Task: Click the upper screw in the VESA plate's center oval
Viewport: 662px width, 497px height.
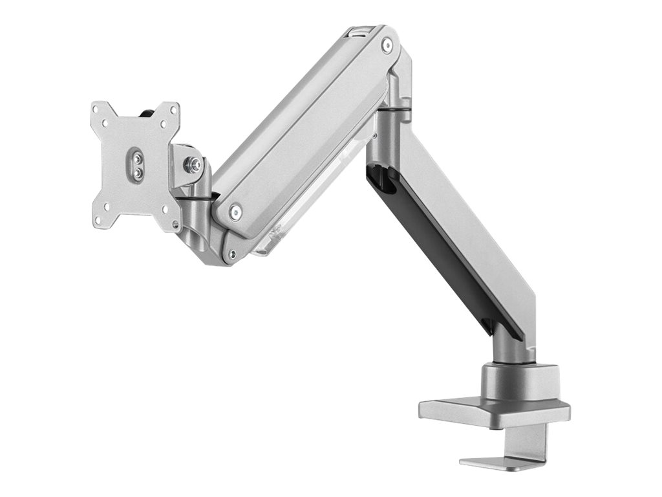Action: [136, 156]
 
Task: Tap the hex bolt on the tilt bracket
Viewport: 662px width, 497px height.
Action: [192, 164]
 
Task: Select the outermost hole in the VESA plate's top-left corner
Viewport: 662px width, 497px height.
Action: [98, 108]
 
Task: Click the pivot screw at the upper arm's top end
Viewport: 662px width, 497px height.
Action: [387, 45]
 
